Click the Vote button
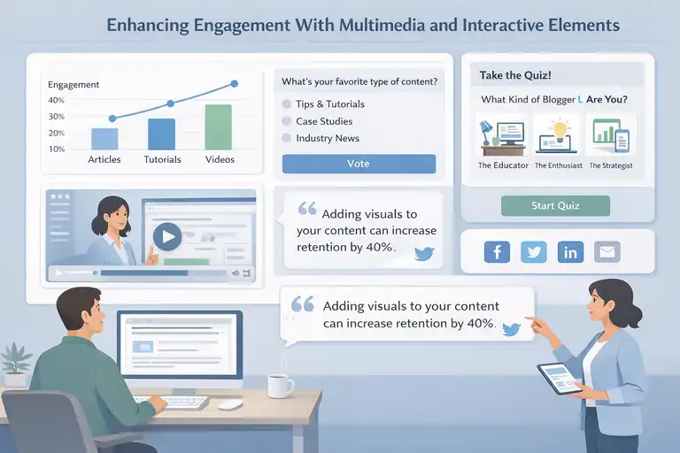click(x=359, y=164)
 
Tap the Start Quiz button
click(x=555, y=206)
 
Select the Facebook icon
click(x=497, y=252)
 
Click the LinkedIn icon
click(x=570, y=252)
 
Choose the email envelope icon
click(x=607, y=252)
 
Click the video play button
click(x=166, y=235)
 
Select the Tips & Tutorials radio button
click(x=287, y=104)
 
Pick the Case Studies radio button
click(x=287, y=121)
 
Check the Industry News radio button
click(x=287, y=138)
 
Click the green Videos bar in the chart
click(x=218, y=127)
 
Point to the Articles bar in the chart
click(x=104, y=139)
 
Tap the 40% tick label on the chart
click(x=57, y=101)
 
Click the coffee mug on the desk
click(x=280, y=386)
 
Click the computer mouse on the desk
click(x=230, y=404)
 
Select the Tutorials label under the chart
click(x=162, y=160)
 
